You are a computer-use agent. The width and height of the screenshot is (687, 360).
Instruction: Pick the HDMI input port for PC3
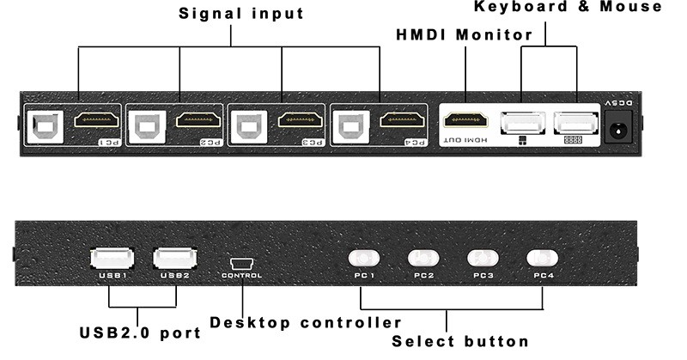(299, 121)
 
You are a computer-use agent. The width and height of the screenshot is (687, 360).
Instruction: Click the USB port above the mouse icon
(520, 122)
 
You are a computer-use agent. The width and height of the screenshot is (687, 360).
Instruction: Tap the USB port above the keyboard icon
(574, 122)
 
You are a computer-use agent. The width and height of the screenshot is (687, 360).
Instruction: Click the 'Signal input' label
(240, 15)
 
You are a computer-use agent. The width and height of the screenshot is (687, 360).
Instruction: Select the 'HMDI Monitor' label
(464, 35)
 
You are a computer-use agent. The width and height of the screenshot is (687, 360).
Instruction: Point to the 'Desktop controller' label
(306, 323)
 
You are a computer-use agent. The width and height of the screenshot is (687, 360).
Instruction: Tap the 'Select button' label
(460, 341)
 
